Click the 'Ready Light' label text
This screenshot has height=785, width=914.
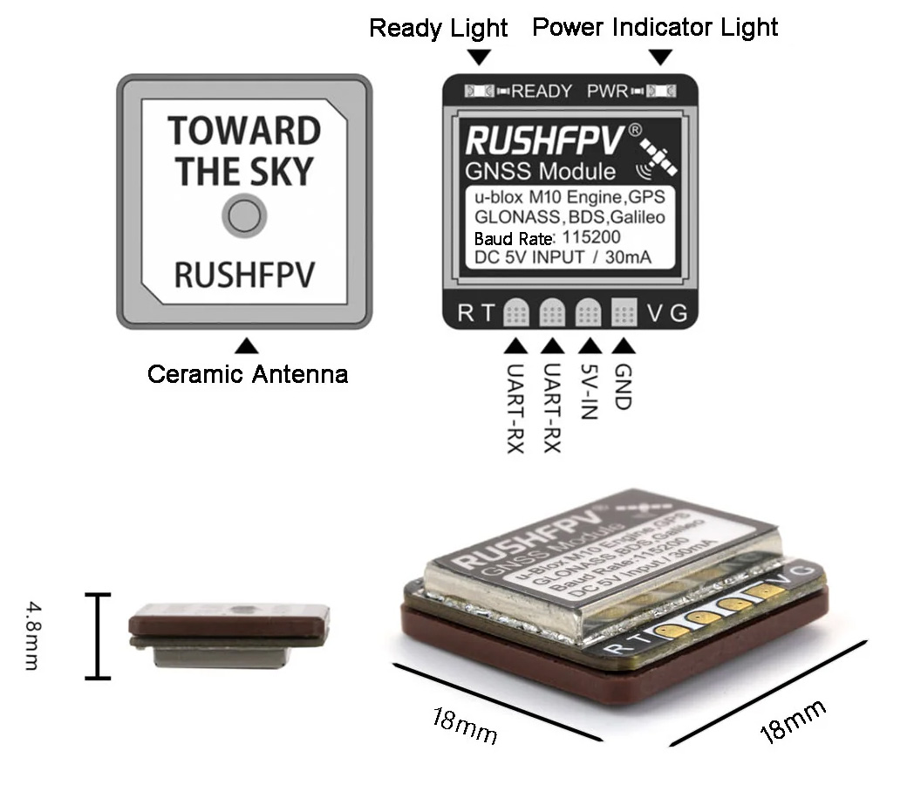tap(438, 28)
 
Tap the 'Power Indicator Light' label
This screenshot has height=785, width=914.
tap(655, 27)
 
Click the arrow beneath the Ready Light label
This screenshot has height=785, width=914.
tap(479, 58)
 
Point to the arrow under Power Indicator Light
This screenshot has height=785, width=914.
tap(662, 58)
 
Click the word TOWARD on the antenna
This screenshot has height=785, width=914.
tap(244, 132)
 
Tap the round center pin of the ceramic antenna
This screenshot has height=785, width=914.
tap(244, 215)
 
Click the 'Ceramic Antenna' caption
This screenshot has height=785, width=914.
tap(248, 375)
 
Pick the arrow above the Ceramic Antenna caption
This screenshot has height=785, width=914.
tap(248, 345)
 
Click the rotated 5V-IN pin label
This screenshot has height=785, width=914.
tap(589, 390)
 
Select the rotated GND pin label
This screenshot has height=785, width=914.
tap(624, 386)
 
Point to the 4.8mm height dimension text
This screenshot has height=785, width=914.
tap(31, 634)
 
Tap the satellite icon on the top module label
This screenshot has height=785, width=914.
tap(660, 154)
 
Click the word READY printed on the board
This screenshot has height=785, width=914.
tap(542, 91)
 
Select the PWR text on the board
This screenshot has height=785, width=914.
tap(608, 91)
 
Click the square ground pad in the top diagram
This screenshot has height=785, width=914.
tap(624, 312)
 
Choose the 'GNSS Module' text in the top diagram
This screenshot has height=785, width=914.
tap(540, 171)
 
